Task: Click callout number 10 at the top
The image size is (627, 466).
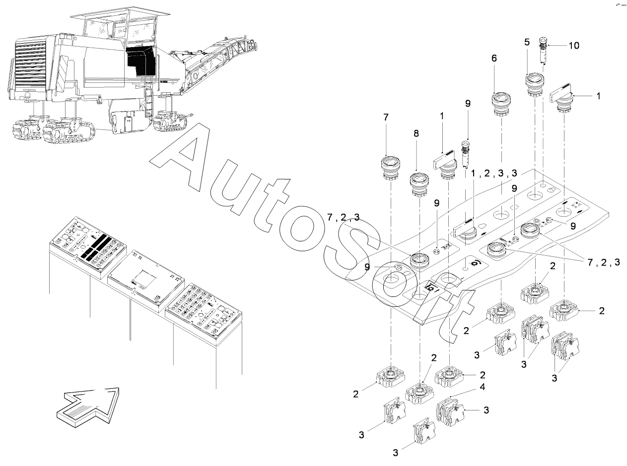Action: tap(573, 46)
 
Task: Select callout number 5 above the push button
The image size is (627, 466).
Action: tap(527, 43)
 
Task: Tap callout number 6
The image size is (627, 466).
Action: tap(494, 58)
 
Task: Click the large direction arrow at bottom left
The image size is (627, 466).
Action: tap(88, 402)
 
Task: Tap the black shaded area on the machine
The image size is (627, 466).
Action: tap(140, 60)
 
